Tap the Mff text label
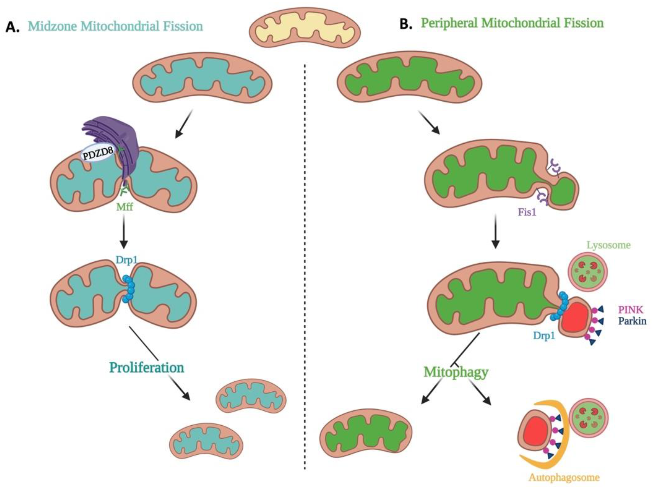(x=124, y=207)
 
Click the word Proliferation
(x=147, y=368)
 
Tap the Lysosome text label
(x=609, y=245)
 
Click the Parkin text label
(x=632, y=321)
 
